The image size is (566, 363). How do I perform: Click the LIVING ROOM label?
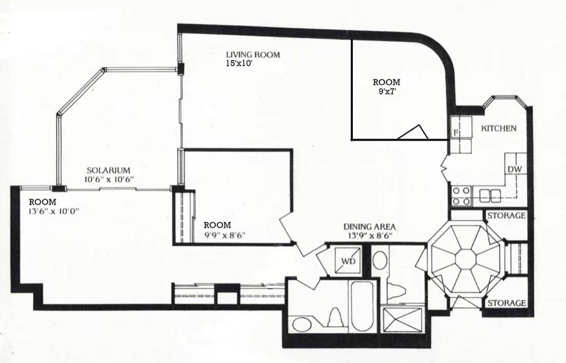[253, 55]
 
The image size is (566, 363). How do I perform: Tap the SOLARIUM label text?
[108, 170]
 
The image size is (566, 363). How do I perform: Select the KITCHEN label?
[499, 128]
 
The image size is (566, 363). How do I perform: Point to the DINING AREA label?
[369, 226]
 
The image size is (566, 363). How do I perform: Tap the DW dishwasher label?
[515, 169]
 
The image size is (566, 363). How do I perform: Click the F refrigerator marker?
[456, 133]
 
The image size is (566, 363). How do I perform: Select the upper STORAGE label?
[506, 216]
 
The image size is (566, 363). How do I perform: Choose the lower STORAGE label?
[506, 303]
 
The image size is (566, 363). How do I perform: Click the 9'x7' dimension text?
[386, 91]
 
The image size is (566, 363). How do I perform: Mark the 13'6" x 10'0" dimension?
[53, 211]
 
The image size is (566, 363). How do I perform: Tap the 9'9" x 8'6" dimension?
[224, 235]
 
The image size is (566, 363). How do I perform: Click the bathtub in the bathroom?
[362, 307]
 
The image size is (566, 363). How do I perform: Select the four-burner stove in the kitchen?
[461, 196]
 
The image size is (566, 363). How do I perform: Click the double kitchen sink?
[490, 196]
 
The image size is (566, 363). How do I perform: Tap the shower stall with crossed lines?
[403, 319]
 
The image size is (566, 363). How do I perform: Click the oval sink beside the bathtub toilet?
[302, 324]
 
